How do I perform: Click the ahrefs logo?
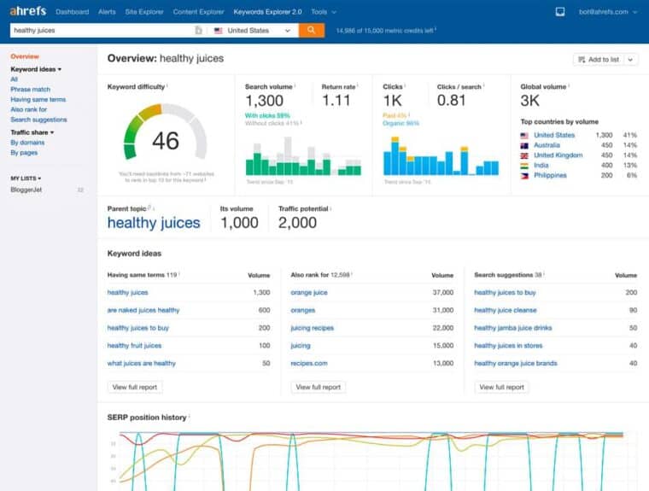pos(27,12)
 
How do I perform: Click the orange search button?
pos(312,30)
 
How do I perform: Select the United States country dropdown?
pos(254,30)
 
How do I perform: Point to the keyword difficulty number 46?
pos(166,140)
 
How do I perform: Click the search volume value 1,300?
pos(265,101)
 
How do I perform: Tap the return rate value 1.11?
pos(336,101)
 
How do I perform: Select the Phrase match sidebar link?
pos(30,89)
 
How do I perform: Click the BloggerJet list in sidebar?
pos(27,189)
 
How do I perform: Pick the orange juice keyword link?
pos(309,292)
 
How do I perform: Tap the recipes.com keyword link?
pos(309,363)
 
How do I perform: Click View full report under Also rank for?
pos(318,387)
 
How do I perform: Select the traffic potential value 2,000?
pos(297,223)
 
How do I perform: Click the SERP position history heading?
pos(146,417)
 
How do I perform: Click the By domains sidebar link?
pos(27,143)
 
